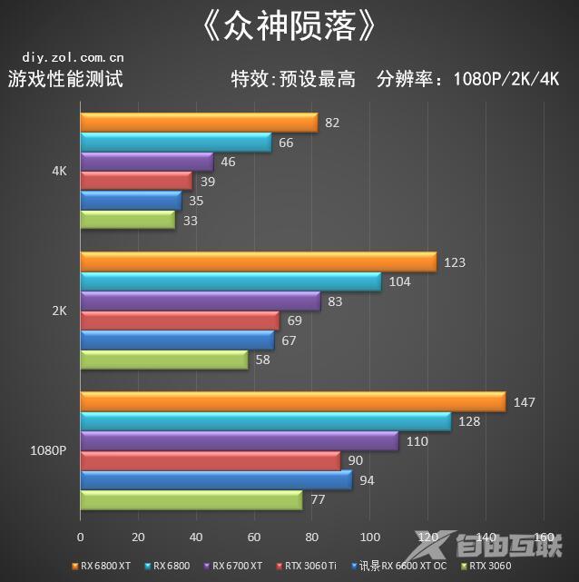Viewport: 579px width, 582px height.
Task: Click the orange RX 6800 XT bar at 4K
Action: pos(199,123)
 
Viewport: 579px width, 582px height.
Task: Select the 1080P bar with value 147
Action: pos(292,401)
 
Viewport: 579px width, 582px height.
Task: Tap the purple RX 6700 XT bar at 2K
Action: pos(200,301)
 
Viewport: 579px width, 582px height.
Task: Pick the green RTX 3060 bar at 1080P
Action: pos(191,499)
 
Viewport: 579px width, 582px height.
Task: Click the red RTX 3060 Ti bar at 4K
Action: pos(136,181)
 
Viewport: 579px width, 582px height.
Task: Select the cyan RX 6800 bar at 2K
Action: pos(231,281)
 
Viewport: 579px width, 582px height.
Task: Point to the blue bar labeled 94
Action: pos(216,479)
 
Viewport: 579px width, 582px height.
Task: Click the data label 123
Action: pos(455,262)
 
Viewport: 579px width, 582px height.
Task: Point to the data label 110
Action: pos(417,440)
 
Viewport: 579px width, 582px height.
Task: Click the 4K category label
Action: pos(59,171)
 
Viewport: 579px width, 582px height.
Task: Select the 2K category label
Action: pos(59,311)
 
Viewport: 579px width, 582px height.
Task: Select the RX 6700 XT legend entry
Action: pos(237,566)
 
